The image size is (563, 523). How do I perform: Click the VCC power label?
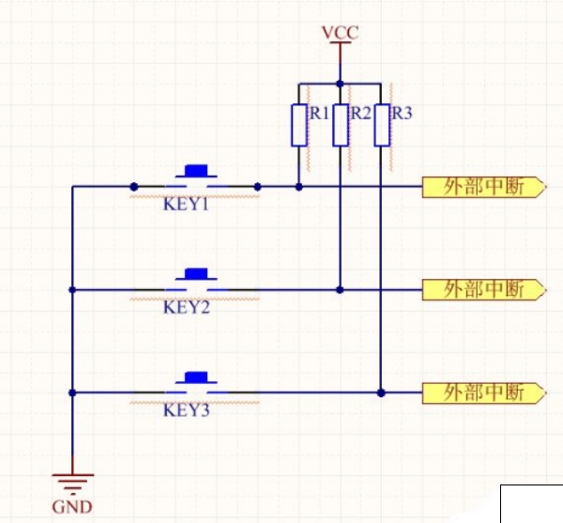click(x=340, y=33)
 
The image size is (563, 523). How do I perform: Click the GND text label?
click(x=72, y=508)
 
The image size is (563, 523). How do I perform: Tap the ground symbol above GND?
click(x=72, y=483)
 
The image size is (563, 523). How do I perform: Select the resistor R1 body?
click(x=298, y=125)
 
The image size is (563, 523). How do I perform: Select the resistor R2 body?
click(x=340, y=125)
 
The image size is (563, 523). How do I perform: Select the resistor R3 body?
click(x=381, y=125)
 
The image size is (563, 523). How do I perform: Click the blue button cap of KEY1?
click(x=196, y=171)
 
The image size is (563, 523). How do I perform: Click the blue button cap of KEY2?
click(x=196, y=274)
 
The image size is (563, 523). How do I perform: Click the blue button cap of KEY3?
click(x=196, y=377)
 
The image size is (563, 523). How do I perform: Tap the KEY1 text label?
click(x=186, y=204)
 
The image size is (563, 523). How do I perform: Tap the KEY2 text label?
click(x=186, y=307)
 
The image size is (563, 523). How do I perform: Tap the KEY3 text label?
click(x=186, y=410)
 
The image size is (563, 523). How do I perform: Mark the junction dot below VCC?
click(x=340, y=82)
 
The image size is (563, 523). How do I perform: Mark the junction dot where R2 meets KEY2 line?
click(x=340, y=289)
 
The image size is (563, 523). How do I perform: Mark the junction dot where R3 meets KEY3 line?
click(x=381, y=392)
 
